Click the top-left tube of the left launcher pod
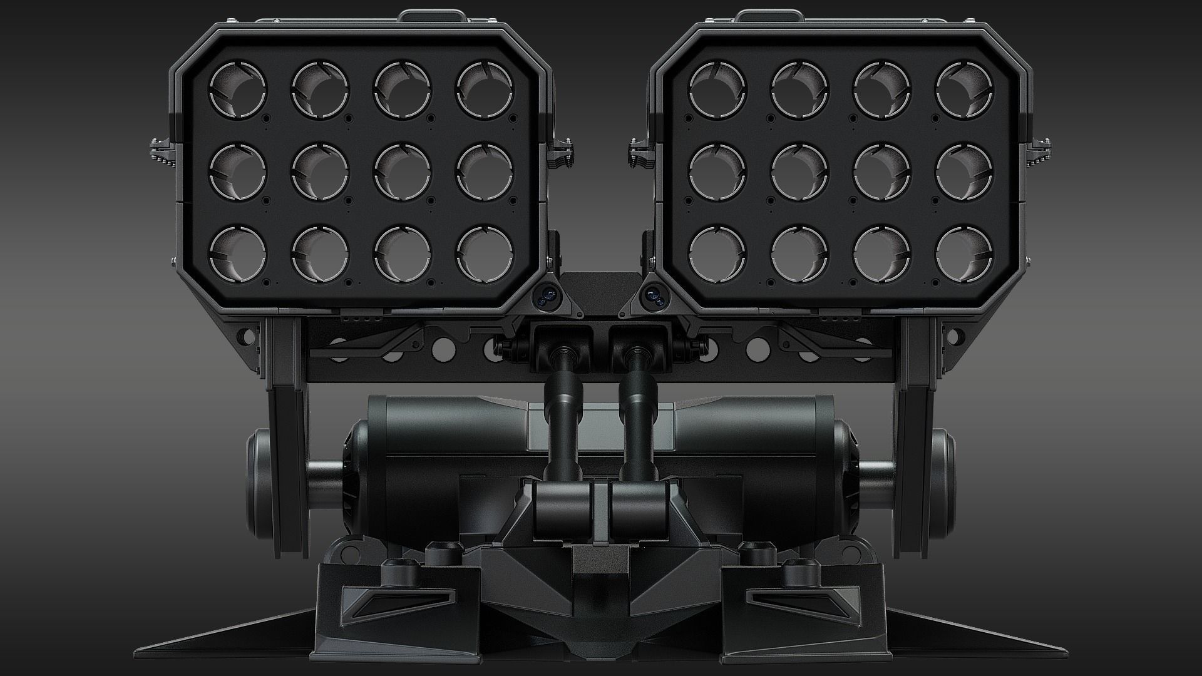click(x=238, y=89)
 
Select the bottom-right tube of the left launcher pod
click(x=485, y=253)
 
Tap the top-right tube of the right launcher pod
click(x=964, y=89)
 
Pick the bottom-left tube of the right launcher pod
click(x=717, y=253)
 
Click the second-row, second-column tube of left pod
click(x=321, y=172)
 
